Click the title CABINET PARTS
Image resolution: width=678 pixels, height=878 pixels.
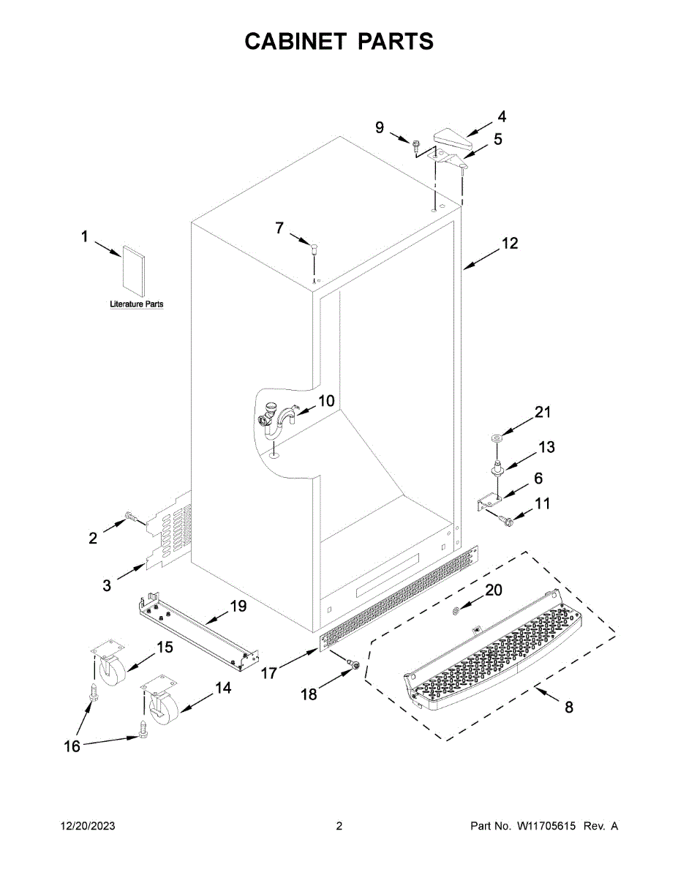(339, 42)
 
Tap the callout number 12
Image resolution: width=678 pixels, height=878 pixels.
(509, 243)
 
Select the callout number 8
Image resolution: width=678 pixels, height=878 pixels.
(568, 707)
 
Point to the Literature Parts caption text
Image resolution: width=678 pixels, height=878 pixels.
(137, 304)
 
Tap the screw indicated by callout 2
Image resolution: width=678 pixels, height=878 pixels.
(132, 517)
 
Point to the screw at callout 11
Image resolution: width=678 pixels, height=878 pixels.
(504, 519)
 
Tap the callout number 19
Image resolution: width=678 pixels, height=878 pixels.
(238, 606)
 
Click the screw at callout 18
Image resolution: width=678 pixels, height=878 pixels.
(352, 664)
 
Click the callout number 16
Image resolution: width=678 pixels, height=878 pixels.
(72, 746)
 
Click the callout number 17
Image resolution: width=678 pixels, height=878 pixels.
(269, 672)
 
